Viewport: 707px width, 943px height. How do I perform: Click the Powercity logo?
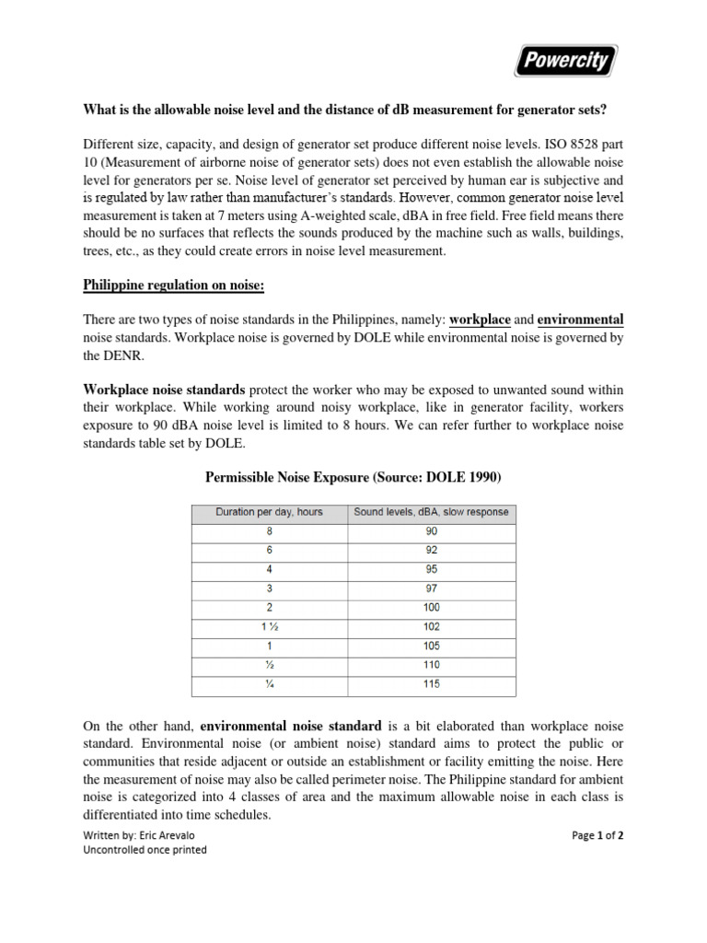566,63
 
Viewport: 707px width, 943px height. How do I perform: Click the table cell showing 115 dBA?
431,684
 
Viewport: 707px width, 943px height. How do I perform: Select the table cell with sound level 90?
431,531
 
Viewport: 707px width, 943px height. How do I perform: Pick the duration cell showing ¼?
269,684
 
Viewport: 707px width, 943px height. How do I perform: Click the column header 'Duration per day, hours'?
269,512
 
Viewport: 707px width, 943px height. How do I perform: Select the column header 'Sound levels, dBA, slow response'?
431,512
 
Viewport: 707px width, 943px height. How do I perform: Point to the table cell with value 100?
431,608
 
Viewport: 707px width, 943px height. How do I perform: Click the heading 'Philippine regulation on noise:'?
174,285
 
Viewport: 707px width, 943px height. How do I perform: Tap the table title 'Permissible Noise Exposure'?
353,477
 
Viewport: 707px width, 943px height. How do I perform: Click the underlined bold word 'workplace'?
480,320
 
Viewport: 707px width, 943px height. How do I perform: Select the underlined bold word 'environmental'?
581,320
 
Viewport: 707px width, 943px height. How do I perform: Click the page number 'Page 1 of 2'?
597,835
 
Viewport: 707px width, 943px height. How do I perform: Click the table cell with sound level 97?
431,588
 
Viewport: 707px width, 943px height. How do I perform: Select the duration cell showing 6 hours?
269,551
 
